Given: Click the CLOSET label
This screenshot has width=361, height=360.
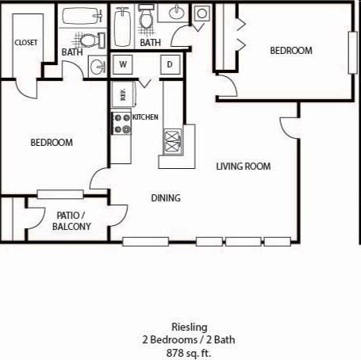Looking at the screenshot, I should [25, 42].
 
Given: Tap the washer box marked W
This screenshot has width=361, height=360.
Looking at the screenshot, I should [124, 65].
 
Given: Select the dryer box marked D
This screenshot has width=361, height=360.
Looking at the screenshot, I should [170, 65].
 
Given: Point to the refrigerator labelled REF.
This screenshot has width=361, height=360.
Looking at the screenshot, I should [121, 94].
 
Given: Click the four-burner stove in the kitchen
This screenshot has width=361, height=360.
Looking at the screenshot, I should [121, 123].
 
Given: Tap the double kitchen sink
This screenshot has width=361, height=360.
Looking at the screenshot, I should [172, 141].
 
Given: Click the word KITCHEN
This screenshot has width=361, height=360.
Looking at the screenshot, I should [146, 117].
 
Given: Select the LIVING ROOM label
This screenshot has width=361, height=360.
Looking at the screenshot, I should [244, 167].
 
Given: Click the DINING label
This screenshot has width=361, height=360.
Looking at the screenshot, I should [166, 198].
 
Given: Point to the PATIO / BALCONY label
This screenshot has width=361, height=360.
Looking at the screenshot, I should [71, 220].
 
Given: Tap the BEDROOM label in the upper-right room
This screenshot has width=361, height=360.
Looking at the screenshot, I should [291, 50].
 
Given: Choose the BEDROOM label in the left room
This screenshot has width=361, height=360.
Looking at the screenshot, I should [52, 143].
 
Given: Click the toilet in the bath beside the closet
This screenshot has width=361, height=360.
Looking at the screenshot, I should [90, 40].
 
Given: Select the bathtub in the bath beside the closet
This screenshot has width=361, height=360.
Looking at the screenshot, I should [78, 16].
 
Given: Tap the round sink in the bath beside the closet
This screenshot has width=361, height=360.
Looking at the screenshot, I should [97, 66].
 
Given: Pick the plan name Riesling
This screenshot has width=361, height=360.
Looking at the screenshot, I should [189, 327].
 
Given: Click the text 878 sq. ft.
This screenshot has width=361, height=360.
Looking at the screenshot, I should [189, 352].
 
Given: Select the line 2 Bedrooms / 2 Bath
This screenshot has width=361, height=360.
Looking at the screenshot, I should [189, 339].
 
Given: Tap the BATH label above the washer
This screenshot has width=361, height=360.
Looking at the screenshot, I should [150, 42].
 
